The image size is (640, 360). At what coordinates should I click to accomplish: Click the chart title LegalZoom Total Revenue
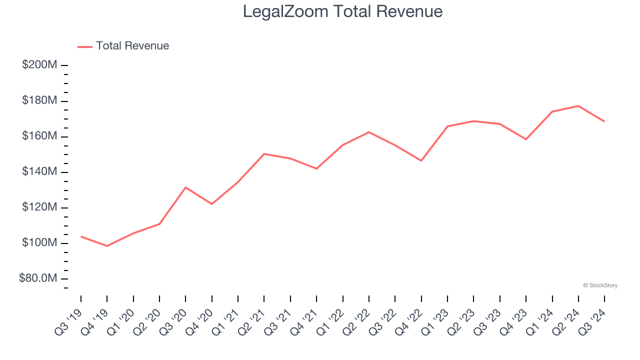tap(342, 11)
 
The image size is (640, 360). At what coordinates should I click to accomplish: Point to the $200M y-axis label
tap(40, 65)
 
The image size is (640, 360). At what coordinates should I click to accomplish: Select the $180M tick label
tap(40, 100)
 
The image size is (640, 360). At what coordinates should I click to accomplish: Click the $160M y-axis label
tap(40, 136)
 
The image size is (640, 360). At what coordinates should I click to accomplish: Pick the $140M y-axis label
tap(40, 171)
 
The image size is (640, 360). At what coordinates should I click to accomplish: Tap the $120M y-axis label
tap(40, 207)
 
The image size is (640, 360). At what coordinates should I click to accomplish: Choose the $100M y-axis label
tap(40, 242)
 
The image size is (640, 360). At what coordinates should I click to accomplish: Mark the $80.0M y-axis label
tap(38, 278)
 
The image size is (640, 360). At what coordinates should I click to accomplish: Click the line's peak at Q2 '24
tap(578, 106)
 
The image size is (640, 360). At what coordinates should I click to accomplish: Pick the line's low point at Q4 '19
tap(107, 246)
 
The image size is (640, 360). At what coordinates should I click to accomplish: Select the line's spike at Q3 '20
tap(185, 187)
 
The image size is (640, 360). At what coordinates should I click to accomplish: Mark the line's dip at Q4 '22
tap(421, 160)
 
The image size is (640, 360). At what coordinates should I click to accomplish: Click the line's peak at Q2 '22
tap(369, 132)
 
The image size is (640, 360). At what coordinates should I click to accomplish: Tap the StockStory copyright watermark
tap(600, 285)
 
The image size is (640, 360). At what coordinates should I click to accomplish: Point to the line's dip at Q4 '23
tap(526, 139)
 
